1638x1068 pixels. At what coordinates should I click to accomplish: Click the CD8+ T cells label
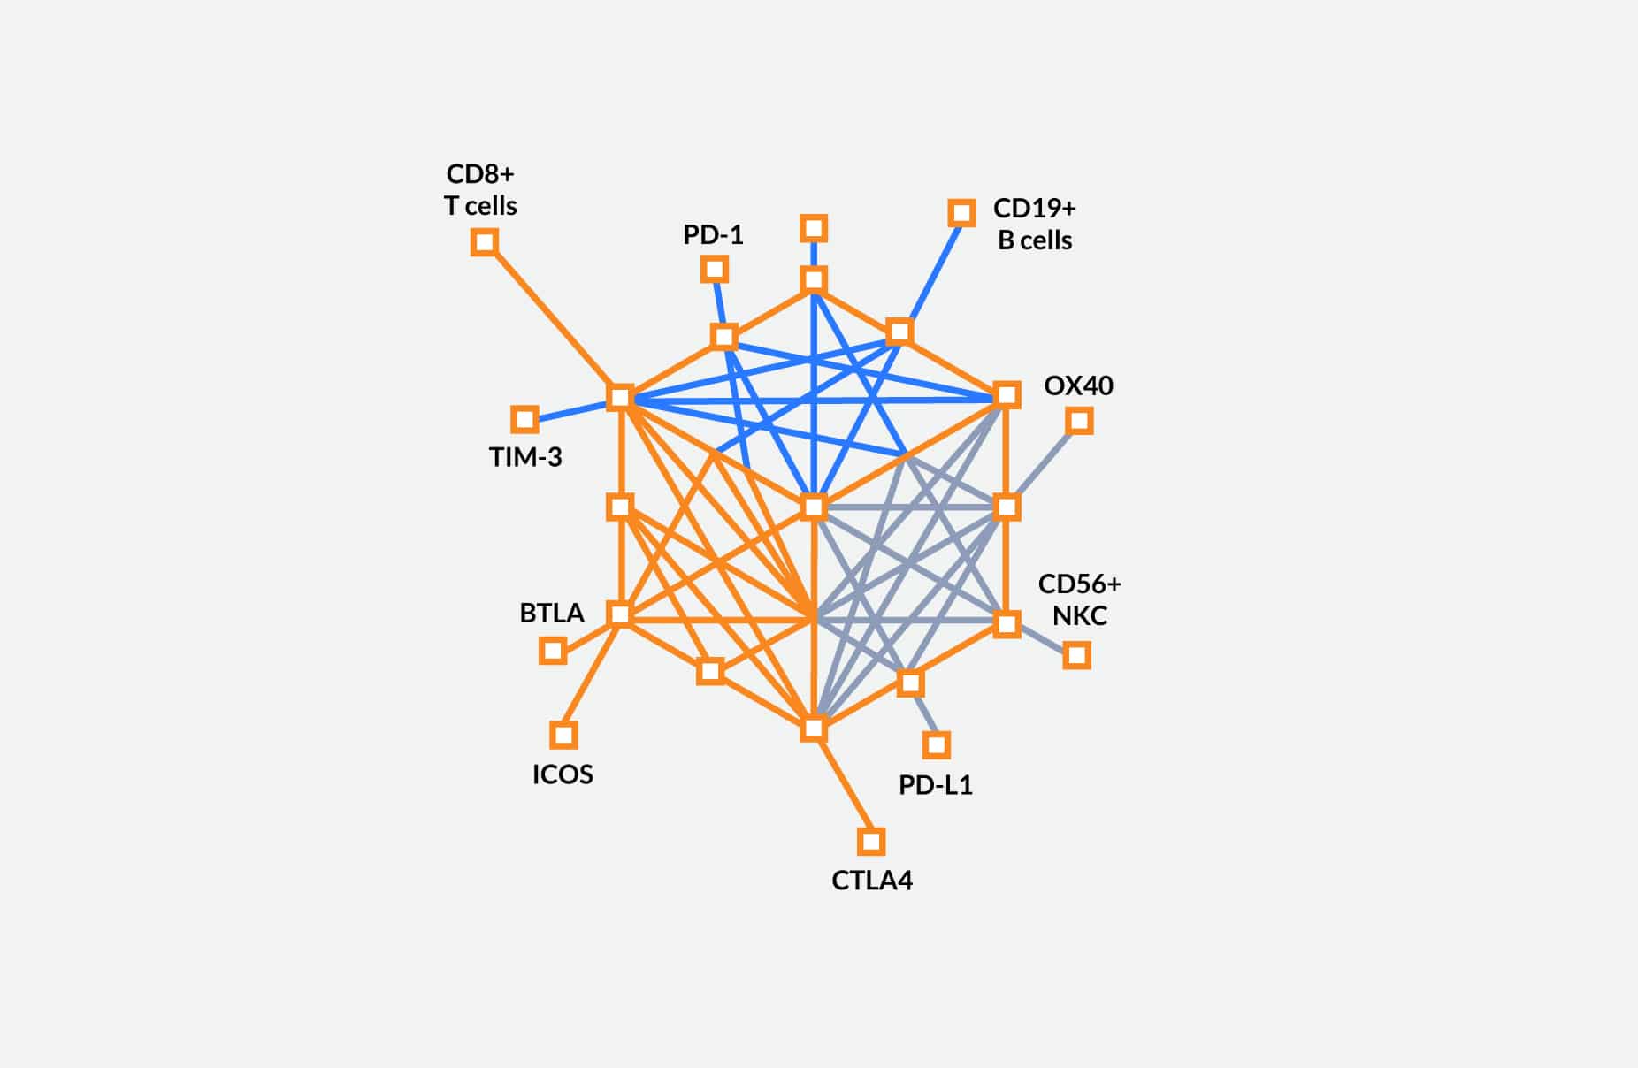pyautogui.click(x=480, y=189)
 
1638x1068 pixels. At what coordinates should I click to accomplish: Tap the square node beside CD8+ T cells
pyautogui.click(x=485, y=241)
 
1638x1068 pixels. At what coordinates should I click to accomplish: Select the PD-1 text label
pyautogui.click(x=713, y=234)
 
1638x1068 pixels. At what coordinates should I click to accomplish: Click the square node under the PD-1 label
pyautogui.click(x=715, y=269)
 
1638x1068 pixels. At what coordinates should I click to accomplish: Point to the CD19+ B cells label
pyautogui.click(x=1035, y=224)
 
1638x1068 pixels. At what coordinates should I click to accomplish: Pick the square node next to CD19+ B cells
pyautogui.click(x=962, y=212)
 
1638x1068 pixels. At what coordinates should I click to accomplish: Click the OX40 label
pyautogui.click(x=1078, y=385)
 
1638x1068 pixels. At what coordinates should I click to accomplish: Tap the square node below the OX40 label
pyautogui.click(x=1079, y=420)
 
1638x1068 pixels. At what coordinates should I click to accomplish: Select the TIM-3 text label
pyautogui.click(x=525, y=456)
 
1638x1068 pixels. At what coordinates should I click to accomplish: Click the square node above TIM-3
pyautogui.click(x=525, y=419)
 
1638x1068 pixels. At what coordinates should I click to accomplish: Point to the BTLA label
pyautogui.click(x=552, y=613)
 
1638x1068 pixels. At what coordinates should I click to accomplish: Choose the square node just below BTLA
pyautogui.click(x=553, y=652)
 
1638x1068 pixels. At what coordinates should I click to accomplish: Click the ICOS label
pyautogui.click(x=563, y=774)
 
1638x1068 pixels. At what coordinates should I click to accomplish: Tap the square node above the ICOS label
pyautogui.click(x=563, y=735)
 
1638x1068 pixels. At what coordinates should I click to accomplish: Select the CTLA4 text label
pyautogui.click(x=872, y=881)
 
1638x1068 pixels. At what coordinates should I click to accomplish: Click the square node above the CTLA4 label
pyautogui.click(x=871, y=841)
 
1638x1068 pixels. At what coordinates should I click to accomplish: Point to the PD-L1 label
pyautogui.click(x=936, y=785)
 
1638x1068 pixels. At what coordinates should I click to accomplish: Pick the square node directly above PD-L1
pyautogui.click(x=937, y=745)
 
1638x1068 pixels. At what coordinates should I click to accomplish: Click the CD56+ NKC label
pyautogui.click(x=1079, y=599)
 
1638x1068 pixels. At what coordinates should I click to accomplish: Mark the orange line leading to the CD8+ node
pyautogui.click(x=553, y=319)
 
